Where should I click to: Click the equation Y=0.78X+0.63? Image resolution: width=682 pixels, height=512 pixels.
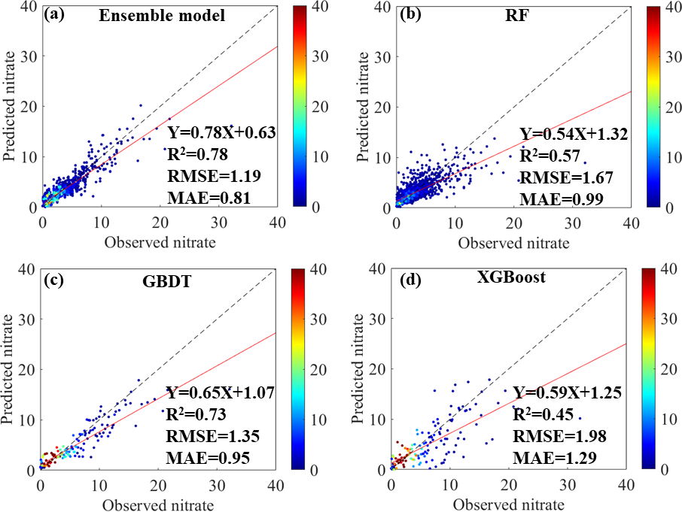click(221, 133)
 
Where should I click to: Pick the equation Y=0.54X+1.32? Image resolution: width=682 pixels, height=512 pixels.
click(573, 135)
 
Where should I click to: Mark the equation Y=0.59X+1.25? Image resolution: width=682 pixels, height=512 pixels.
click(568, 392)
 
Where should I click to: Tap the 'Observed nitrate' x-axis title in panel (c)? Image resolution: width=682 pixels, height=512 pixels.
click(158, 504)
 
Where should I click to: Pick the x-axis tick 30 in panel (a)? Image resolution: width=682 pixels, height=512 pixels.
click(218, 224)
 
